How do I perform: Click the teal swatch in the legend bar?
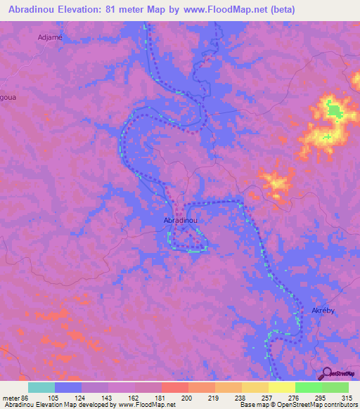(41, 387)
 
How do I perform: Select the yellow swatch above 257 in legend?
(255, 387)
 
